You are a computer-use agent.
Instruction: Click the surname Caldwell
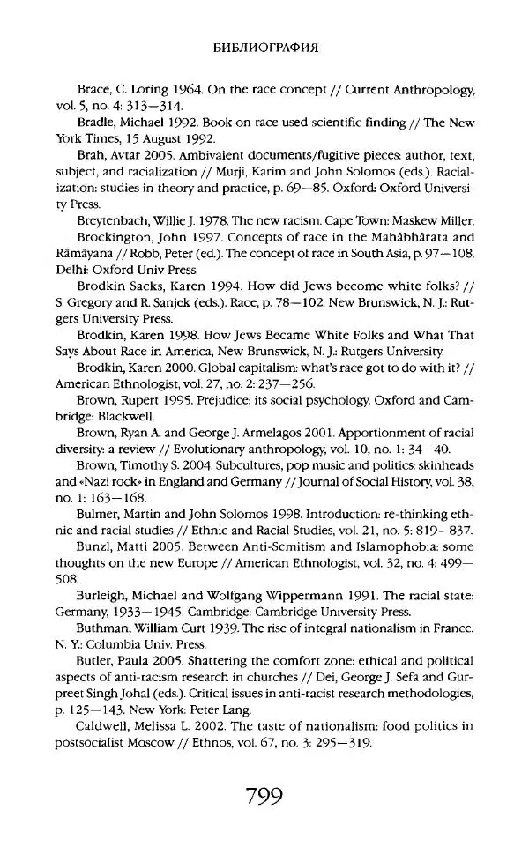pos(108,725)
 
